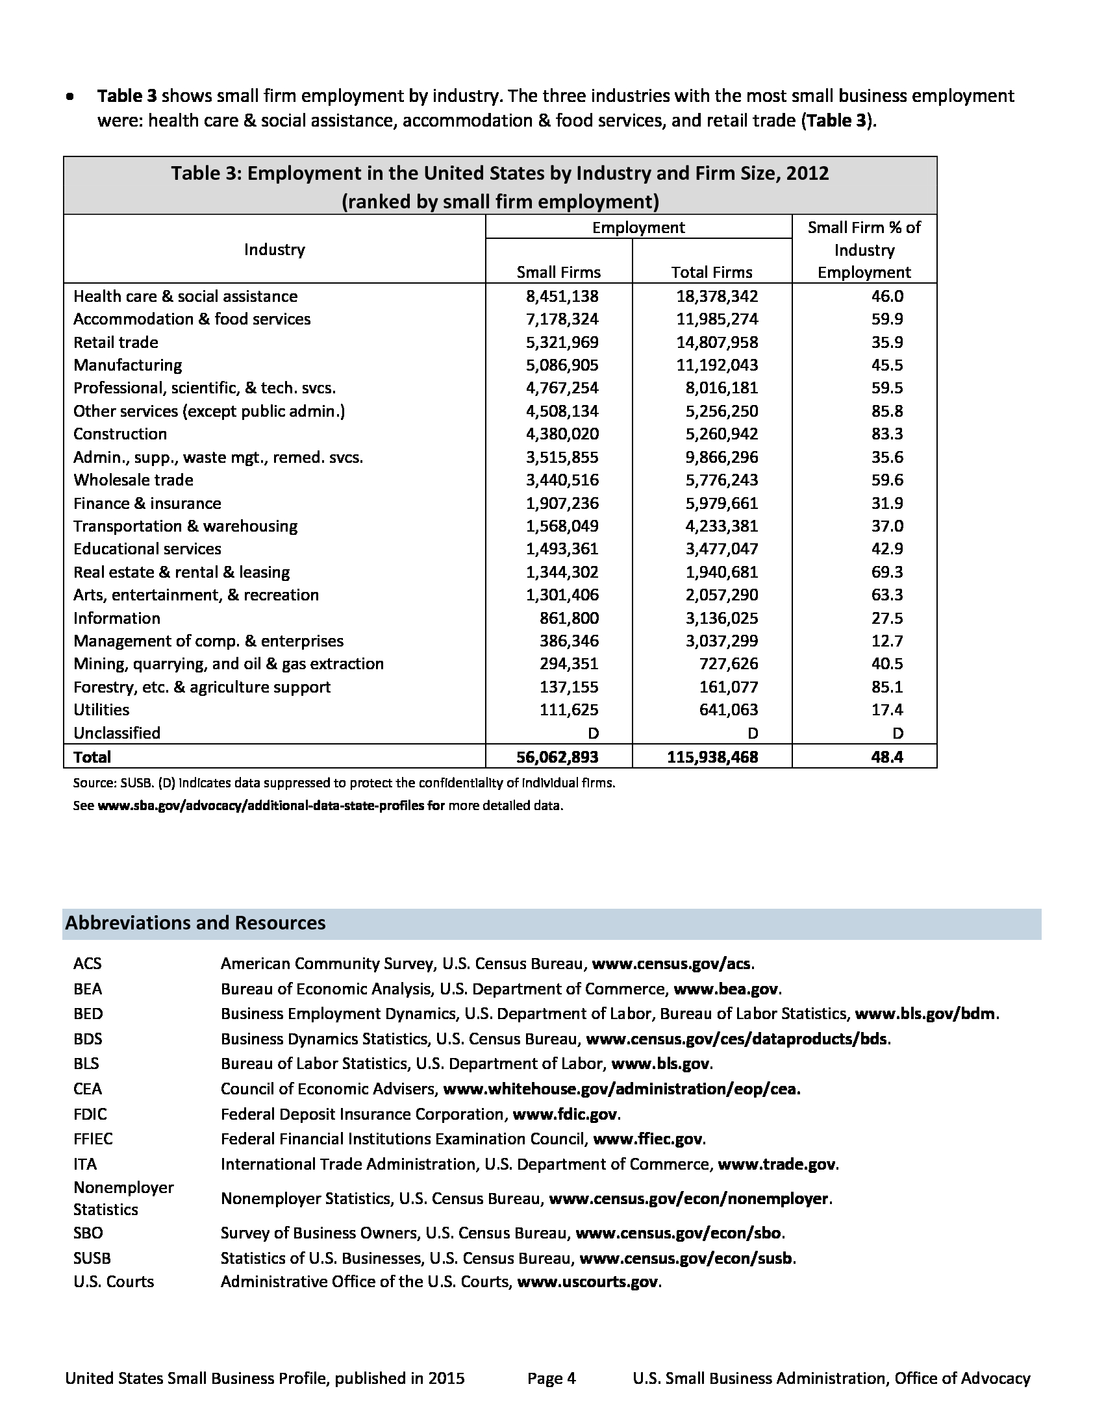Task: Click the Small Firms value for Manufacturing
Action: (562, 365)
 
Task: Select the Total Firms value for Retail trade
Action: (717, 342)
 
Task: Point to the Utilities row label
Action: (101, 709)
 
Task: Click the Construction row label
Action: (119, 434)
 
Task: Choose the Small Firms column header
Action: (558, 272)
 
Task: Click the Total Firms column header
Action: (712, 272)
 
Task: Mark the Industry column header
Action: (274, 249)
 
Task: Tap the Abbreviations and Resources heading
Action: (195, 922)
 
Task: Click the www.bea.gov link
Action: (726, 989)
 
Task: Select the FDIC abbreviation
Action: (90, 1113)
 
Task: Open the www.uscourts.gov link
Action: (587, 1281)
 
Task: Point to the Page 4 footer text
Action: (551, 1378)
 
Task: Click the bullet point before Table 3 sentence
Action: (69, 97)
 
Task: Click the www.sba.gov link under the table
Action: (271, 806)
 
